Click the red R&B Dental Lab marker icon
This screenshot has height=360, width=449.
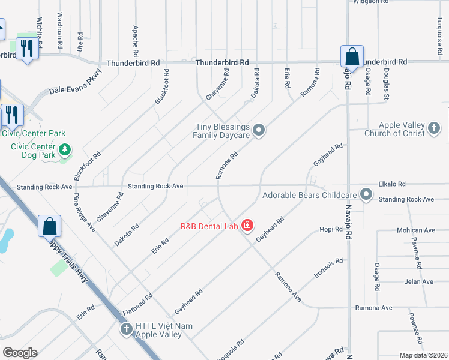pyautogui.click(x=247, y=226)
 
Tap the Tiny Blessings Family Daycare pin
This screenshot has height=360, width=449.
pyautogui.click(x=259, y=130)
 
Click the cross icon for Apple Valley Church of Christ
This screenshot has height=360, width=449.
pyautogui.click(x=434, y=128)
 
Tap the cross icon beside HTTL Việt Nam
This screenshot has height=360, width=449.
pyautogui.click(x=126, y=329)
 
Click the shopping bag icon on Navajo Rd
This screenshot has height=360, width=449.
pyautogui.click(x=352, y=56)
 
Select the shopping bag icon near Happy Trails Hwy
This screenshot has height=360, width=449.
pyautogui.click(x=50, y=227)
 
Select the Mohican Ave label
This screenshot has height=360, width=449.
pyautogui.click(x=415, y=230)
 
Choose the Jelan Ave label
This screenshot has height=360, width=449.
pyautogui.click(x=418, y=281)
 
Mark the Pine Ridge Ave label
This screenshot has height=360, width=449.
pyautogui.click(x=85, y=212)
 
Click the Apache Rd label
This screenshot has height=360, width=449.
pyautogui.click(x=136, y=37)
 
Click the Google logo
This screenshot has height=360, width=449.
pyautogui.click(x=20, y=353)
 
